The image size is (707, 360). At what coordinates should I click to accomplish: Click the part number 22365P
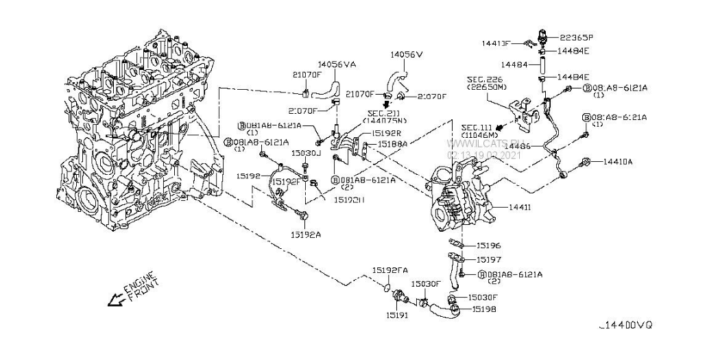(577, 38)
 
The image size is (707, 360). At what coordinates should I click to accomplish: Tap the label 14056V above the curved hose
(407, 53)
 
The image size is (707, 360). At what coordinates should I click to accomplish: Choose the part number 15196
(488, 245)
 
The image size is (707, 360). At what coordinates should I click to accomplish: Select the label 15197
(488, 261)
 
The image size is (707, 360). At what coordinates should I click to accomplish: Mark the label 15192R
(386, 134)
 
